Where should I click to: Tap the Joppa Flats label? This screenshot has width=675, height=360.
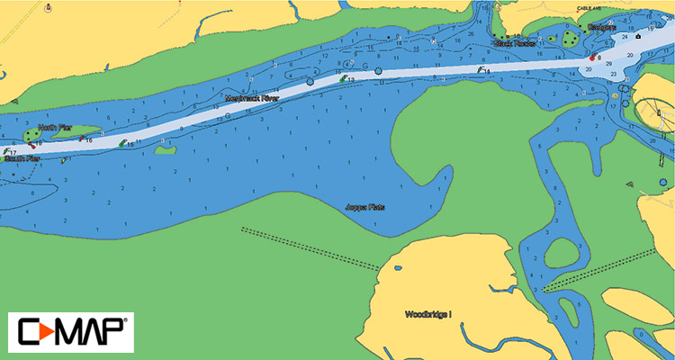click(365, 207)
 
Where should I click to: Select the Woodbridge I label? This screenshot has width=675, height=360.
click(427, 315)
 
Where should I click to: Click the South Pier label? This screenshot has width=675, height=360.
click(22, 159)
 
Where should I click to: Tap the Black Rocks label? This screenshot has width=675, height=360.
click(514, 42)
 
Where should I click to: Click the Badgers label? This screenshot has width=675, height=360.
click(601, 27)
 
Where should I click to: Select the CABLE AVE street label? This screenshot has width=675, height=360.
click(589, 8)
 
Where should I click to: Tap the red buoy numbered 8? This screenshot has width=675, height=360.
click(592, 58)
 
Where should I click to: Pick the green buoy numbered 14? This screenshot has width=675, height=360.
click(479, 68)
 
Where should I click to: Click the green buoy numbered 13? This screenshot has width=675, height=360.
click(342, 79)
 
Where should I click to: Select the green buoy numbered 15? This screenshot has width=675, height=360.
click(123, 143)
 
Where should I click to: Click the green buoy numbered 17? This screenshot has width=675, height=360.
click(6, 151)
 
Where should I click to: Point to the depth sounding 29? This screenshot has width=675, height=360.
click(609, 65)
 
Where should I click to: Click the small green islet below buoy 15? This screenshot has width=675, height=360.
click(165, 150)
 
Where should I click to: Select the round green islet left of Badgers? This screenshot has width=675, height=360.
click(569, 38)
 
